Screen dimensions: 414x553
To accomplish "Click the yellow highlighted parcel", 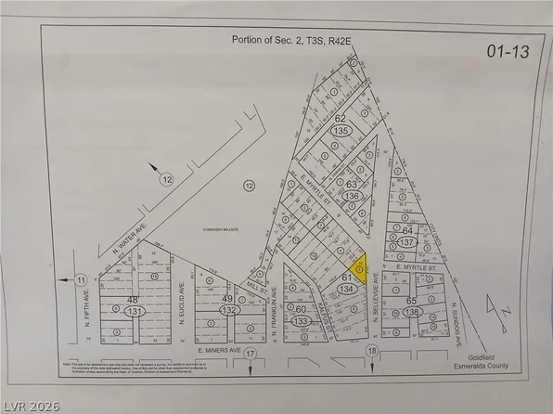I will tap(361, 268).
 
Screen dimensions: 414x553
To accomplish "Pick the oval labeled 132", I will tap(226, 309).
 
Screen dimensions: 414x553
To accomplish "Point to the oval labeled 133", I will tap(301, 321).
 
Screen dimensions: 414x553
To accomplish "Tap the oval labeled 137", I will tap(405, 242).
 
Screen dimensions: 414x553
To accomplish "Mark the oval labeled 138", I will tap(412, 315).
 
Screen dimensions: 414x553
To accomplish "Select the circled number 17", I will tap(250, 354).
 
